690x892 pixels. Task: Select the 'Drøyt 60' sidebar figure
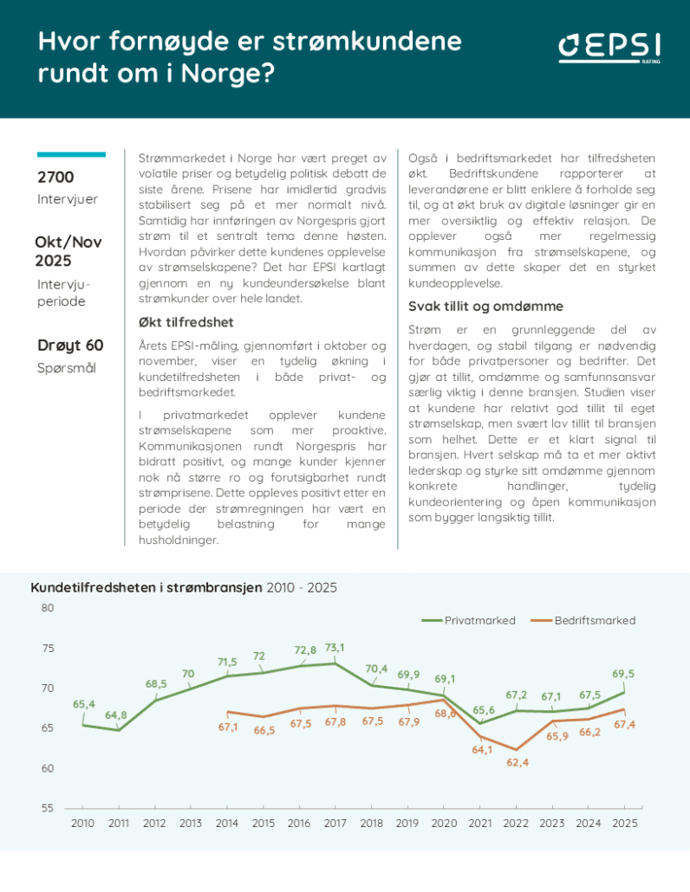70,345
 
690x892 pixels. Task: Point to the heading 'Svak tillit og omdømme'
485,306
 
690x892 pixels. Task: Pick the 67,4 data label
623,724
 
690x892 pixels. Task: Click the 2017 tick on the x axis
335,823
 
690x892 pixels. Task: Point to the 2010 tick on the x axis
82,823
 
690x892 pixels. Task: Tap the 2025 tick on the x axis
623,823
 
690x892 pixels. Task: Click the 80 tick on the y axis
47,608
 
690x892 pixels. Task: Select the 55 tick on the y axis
47,808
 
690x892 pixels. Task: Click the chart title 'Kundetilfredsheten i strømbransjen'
146,587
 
